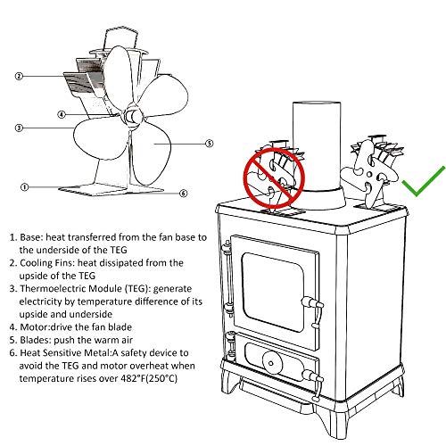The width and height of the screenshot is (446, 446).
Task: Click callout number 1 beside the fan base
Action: [x=25, y=187]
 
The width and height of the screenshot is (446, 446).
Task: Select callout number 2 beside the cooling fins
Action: [x=19, y=76]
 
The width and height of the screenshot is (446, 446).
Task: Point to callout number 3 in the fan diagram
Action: [x=19, y=128]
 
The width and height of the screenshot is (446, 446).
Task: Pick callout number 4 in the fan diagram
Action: [x=61, y=114]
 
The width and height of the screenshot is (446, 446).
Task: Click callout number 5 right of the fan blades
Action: [x=209, y=142]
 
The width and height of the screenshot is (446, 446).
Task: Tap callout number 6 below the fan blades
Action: [x=183, y=193]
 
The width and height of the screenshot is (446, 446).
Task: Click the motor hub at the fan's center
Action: [x=131, y=116]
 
